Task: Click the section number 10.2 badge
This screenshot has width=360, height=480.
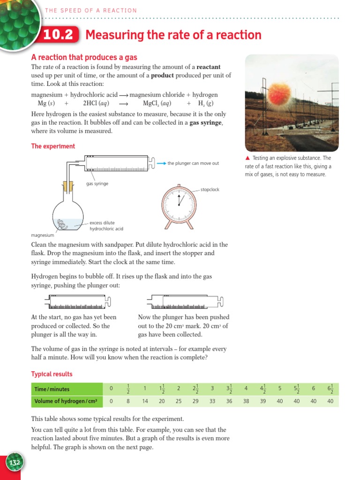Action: tap(60, 36)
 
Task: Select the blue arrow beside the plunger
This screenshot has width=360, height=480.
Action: tap(161, 163)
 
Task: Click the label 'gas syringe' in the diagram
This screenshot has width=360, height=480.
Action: tap(97, 184)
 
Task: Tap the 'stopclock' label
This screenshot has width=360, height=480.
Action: tap(210, 190)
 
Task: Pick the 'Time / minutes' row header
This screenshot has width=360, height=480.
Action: tap(52, 389)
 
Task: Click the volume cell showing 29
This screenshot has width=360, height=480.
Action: tap(195, 401)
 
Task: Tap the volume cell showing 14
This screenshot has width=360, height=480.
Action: tap(145, 401)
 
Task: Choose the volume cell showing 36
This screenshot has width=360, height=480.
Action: tap(229, 401)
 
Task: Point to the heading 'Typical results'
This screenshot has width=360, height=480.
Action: tap(52, 374)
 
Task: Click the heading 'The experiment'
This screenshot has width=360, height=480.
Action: tap(53, 146)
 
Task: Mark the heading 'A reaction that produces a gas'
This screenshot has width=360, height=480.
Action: tap(84, 57)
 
